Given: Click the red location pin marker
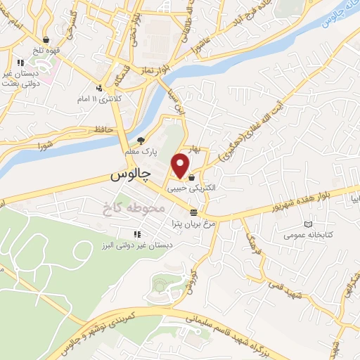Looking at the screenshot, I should [181, 165].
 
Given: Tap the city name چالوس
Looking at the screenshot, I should [131, 176].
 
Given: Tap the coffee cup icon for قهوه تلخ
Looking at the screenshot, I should [46, 40].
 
